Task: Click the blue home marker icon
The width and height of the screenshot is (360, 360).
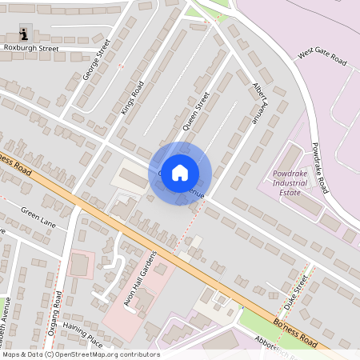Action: point(180,173)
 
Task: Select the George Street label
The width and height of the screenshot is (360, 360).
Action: point(94,66)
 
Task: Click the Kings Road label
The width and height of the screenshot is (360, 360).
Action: point(130,98)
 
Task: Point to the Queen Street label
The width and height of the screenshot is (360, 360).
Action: point(196,110)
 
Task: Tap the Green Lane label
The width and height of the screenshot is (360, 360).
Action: point(37,214)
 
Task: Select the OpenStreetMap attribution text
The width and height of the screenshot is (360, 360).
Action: point(81,354)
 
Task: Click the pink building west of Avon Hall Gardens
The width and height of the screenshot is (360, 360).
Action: point(80,264)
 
